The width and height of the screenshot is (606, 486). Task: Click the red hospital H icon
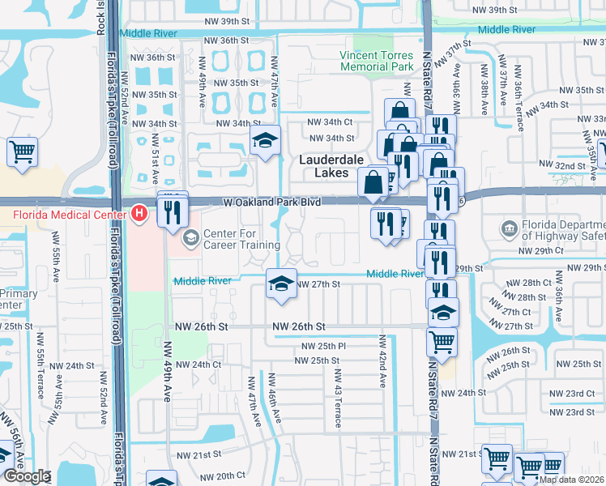pyautogui.click(x=139, y=215)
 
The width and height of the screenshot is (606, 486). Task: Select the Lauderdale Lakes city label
pyautogui.click(x=335, y=166)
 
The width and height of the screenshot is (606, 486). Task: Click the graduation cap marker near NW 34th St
pyautogui.click(x=264, y=141)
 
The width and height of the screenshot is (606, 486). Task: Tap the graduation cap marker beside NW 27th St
pyautogui.click(x=281, y=284)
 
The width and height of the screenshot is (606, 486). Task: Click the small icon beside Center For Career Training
pyautogui.click(x=191, y=237)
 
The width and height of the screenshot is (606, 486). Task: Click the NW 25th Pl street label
pyautogui.click(x=320, y=346)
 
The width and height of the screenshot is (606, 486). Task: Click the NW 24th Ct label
pyautogui.click(x=198, y=364)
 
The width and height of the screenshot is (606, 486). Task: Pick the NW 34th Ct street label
pyautogui.click(x=331, y=122)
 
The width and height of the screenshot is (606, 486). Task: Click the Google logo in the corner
pyautogui.click(x=28, y=476)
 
